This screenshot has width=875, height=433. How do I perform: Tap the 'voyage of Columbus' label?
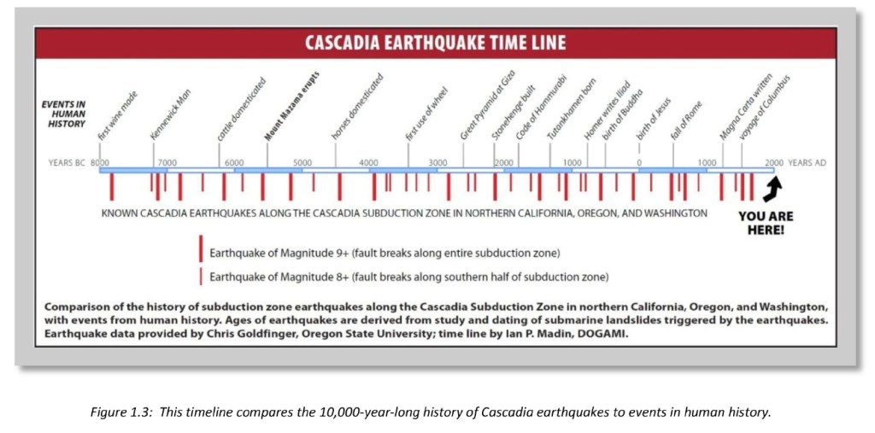[x=765, y=107]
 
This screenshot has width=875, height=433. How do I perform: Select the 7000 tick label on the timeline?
[x=167, y=162]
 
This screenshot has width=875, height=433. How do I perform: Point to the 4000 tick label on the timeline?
[x=368, y=162]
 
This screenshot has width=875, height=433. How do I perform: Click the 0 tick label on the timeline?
[x=638, y=162]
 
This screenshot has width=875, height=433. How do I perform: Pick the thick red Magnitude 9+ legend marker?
[x=201, y=249]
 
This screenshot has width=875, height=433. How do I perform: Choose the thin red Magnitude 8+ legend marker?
[x=201, y=276]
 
